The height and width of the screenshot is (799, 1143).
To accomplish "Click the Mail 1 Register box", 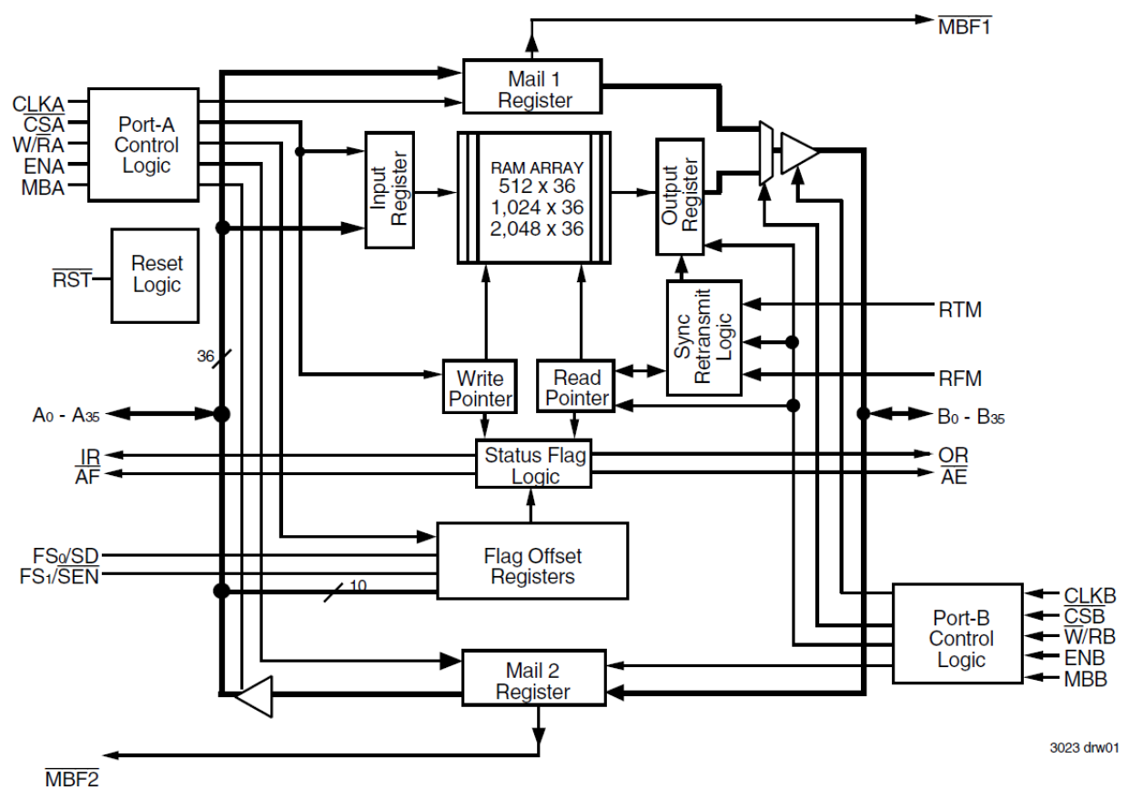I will click(x=532, y=86).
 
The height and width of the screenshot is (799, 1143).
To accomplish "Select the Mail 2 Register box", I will click(x=532, y=680).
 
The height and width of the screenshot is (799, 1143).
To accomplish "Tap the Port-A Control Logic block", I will click(x=143, y=145).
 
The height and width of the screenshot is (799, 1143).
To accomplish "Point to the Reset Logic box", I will click(x=156, y=275).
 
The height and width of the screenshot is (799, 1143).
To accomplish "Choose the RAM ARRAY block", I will click(x=533, y=197).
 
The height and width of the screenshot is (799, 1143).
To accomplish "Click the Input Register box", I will click(x=390, y=189).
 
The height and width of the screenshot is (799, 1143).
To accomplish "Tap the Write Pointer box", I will click(x=480, y=387).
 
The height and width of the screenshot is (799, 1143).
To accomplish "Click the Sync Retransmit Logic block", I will click(x=703, y=337).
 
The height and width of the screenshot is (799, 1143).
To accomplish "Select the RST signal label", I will click(x=71, y=278).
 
